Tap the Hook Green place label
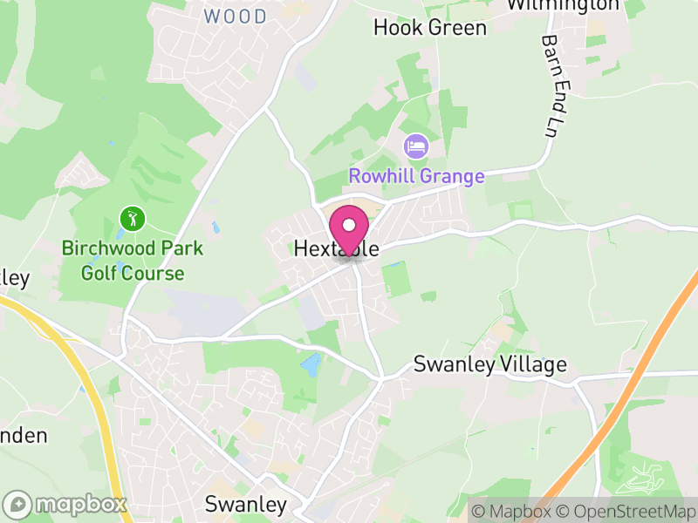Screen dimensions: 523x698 [429, 28]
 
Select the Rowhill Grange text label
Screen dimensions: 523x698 [416, 176]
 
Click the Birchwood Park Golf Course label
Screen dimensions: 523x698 [133, 261]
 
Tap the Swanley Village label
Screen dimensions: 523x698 [489, 364]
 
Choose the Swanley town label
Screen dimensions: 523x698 [245, 504]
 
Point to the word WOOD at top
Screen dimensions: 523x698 [236, 17]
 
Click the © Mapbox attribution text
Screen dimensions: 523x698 [512, 512]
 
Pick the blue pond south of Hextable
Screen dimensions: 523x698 [311, 364]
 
